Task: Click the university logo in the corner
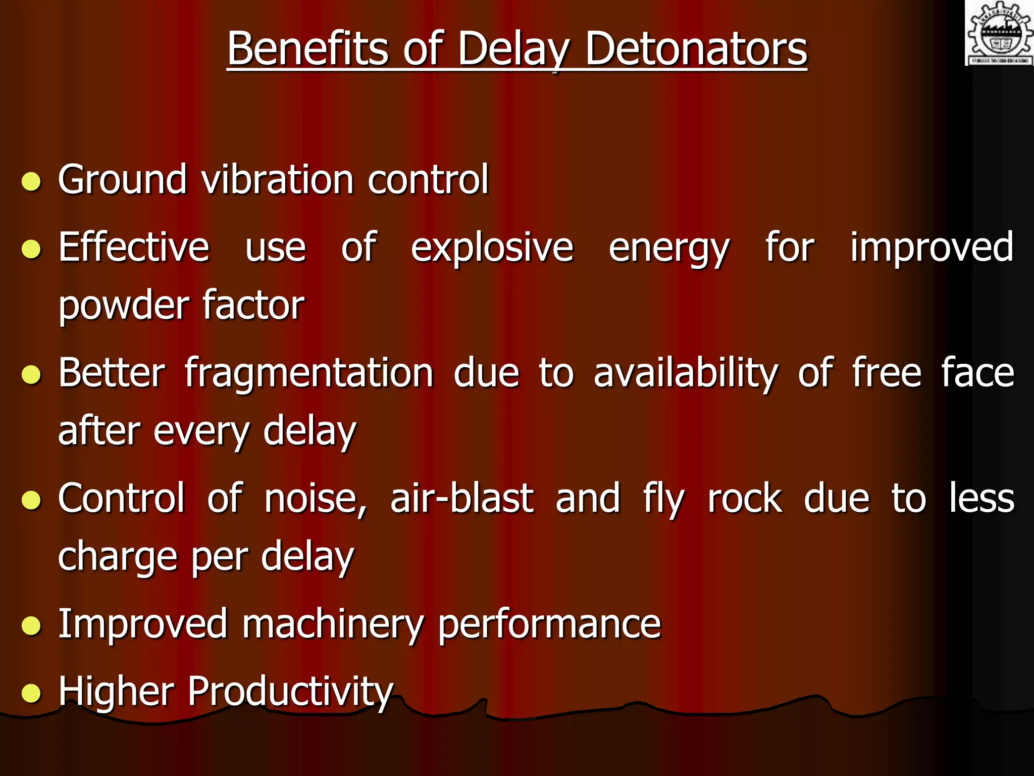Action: (x=999, y=33)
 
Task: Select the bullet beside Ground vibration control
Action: (x=31, y=181)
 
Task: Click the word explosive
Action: (x=492, y=248)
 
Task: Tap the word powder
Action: (x=123, y=306)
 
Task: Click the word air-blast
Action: (x=462, y=499)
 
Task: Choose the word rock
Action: (x=745, y=499)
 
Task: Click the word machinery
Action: (x=332, y=624)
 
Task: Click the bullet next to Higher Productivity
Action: (x=31, y=693)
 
